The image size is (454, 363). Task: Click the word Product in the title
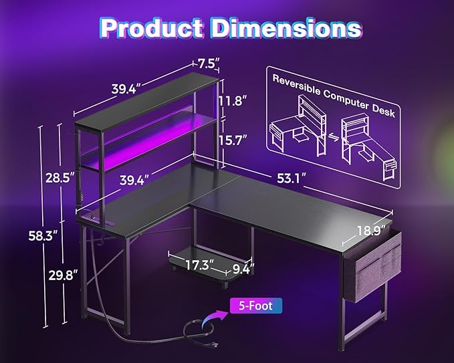pyautogui.click(x=151, y=28)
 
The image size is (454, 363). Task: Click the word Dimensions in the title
pyautogui.click(x=287, y=28)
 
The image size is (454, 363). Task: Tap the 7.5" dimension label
pyautogui.click(x=208, y=64)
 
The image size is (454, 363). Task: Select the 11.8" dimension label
pyautogui.click(x=233, y=101)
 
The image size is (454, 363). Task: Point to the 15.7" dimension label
pyautogui.click(x=233, y=140)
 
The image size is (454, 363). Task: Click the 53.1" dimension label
pyautogui.click(x=292, y=178)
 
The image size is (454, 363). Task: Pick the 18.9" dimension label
pyautogui.click(x=371, y=231)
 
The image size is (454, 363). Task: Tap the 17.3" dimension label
pyautogui.click(x=200, y=265)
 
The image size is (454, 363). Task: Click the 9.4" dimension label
pyautogui.click(x=243, y=269)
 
